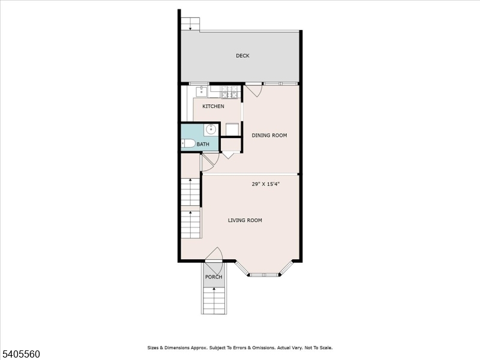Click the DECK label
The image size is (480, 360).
point(242,56)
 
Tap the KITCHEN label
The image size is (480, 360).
point(213,107)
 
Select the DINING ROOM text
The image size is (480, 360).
point(269,136)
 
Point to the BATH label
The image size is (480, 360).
point(203,145)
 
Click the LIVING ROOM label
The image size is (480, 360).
point(245,220)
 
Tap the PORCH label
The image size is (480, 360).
point(214,277)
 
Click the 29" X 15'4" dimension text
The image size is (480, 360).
point(266,185)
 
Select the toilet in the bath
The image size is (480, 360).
point(188,143)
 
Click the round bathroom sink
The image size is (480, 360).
point(211,129)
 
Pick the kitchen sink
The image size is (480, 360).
point(202,92)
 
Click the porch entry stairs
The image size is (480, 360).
point(214,299)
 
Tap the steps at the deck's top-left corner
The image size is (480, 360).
point(191,23)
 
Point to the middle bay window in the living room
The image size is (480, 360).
point(264,275)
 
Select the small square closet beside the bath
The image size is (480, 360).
point(230,144)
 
